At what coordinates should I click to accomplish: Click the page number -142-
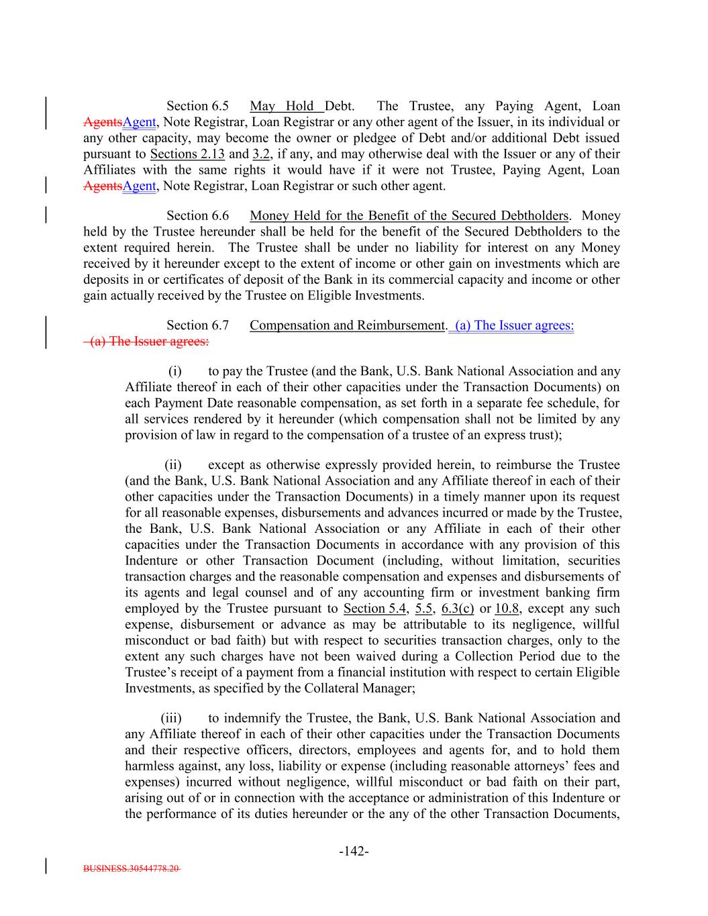[x=354, y=852]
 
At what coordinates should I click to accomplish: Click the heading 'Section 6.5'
[x=197, y=106]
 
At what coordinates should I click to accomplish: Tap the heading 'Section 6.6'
[x=197, y=215]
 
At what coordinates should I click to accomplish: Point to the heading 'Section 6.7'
[x=197, y=325]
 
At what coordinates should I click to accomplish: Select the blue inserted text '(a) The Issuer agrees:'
[x=513, y=325]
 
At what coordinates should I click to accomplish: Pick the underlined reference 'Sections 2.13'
[x=187, y=154]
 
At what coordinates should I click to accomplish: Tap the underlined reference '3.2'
[x=260, y=154]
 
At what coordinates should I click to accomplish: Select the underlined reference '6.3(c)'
[x=458, y=609]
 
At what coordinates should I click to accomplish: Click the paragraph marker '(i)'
[x=174, y=371]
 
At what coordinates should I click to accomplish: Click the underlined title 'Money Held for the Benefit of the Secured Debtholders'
[x=409, y=215]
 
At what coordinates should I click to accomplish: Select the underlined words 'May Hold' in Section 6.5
[x=281, y=106]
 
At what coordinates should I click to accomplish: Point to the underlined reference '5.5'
[x=424, y=609]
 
